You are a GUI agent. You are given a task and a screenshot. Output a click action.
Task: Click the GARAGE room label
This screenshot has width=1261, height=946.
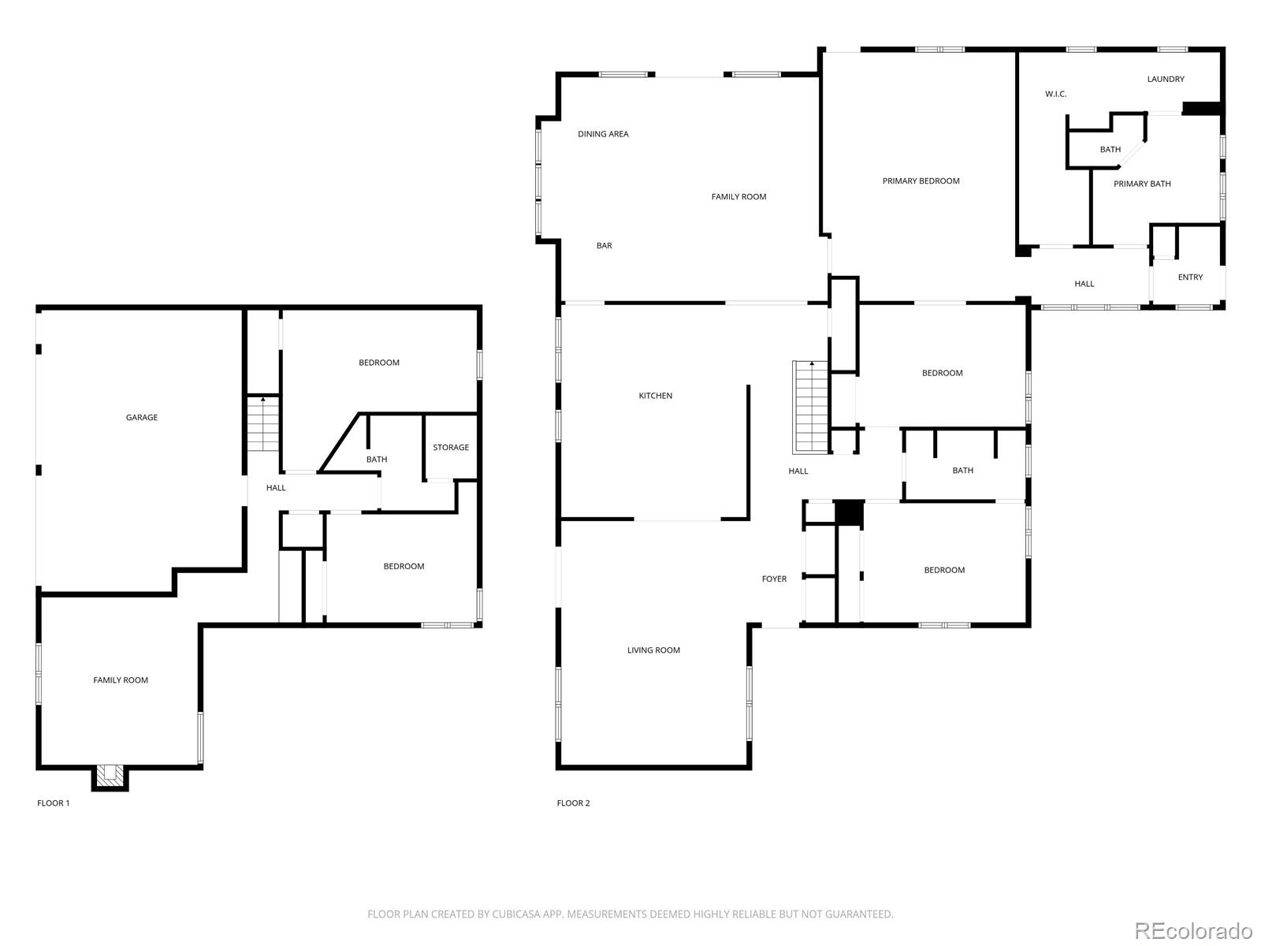(142, 418)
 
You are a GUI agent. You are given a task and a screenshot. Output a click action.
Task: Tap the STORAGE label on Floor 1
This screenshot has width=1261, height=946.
(451, 448)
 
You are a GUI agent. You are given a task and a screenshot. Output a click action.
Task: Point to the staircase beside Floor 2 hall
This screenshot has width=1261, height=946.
(811, 408)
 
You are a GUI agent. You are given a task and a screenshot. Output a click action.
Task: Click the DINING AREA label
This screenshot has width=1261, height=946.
(603, 134)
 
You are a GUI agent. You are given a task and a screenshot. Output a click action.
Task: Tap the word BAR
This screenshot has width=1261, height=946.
(604, 246)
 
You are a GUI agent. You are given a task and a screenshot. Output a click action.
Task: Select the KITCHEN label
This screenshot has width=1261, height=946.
(655, 396)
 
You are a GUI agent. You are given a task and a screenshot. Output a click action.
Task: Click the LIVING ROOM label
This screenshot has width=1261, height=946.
(653, 650)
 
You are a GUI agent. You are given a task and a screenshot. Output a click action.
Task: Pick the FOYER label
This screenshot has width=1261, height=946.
(774, 579)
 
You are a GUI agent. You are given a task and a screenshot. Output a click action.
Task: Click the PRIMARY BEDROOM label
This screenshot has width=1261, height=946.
(921, 181)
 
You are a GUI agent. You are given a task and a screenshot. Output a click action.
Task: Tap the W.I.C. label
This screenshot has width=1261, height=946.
(1055, 95)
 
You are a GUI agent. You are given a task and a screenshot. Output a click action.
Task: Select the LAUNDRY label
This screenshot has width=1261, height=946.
(1165, 80)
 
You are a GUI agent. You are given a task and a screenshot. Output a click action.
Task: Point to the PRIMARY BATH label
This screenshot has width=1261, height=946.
(1141, 184)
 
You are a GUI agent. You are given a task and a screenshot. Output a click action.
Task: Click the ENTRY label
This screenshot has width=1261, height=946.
(1190, 277)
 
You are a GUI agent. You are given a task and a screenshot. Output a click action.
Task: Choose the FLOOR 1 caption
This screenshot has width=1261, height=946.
(54, 803)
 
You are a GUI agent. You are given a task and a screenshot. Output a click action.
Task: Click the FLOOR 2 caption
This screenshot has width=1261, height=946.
(573, 803)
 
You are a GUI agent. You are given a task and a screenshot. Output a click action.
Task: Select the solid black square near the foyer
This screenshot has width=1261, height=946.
(850, 513)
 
